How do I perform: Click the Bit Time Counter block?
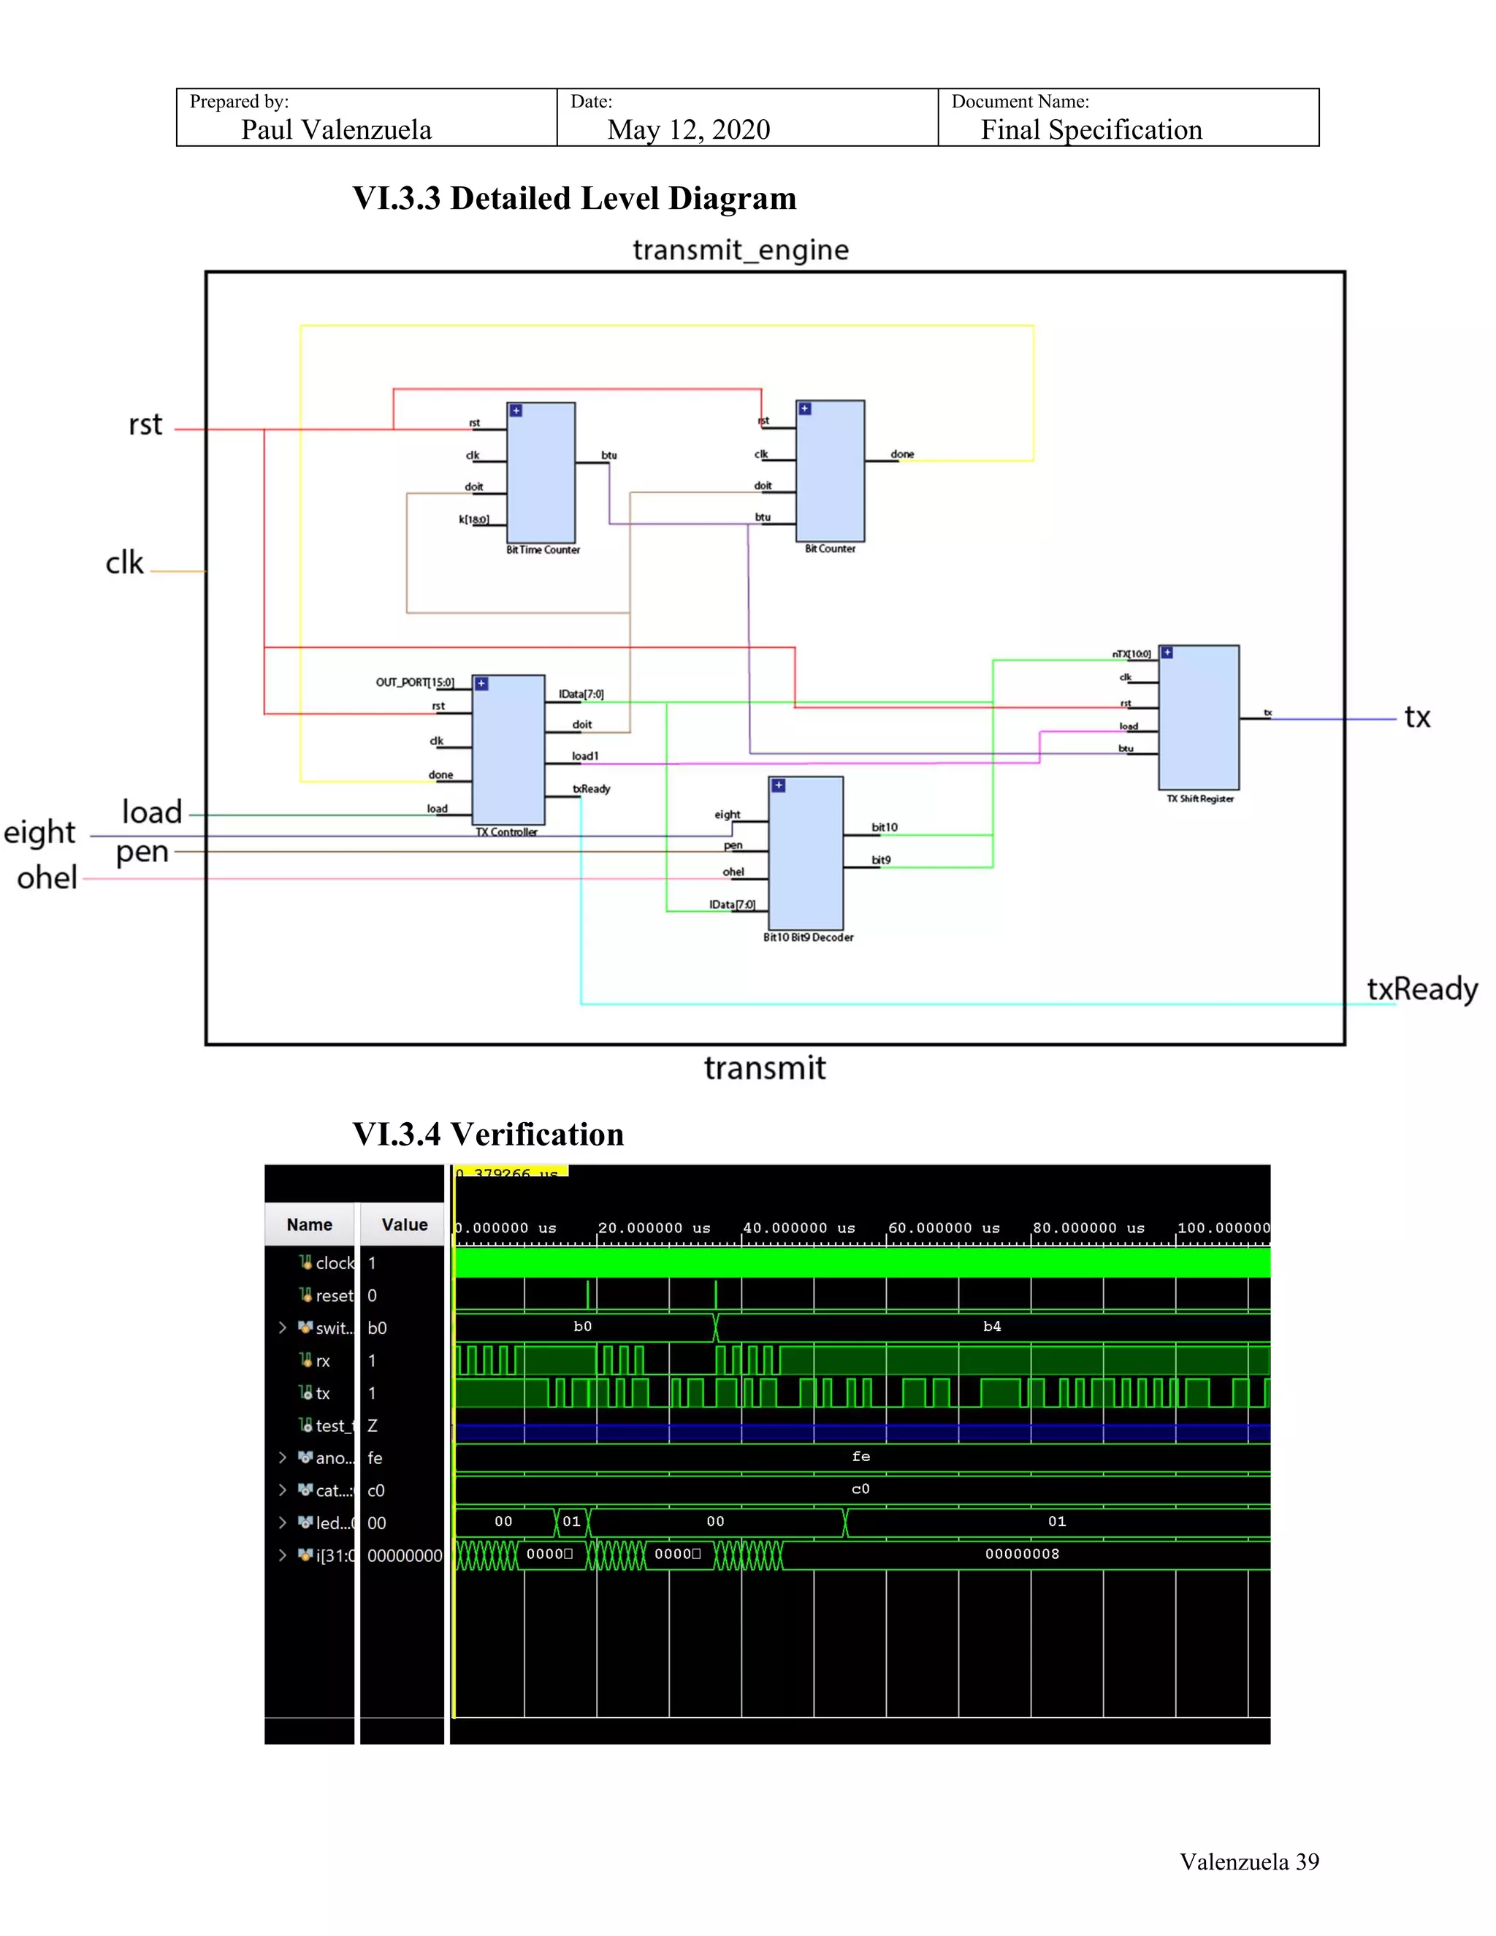pos(541,473)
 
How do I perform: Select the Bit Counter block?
pos(830,470)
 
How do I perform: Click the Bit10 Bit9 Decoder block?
pos(806,853)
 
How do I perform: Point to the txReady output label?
pos(1421,988)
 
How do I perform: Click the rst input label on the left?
pos(145,424)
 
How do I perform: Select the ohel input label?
pos(47,877)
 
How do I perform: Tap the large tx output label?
pos(1417,717)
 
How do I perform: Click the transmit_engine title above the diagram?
pos(740,250)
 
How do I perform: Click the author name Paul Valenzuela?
pos(336,130)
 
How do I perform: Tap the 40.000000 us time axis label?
pos(798,1228)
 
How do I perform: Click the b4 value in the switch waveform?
pos(992,1326)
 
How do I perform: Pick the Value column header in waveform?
pos(404,1224)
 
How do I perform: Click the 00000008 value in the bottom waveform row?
pos(1022,1554)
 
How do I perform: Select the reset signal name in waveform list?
pos(334,1295)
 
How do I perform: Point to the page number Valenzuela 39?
pos(1248,1861)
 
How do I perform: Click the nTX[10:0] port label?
pos(1131,654)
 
